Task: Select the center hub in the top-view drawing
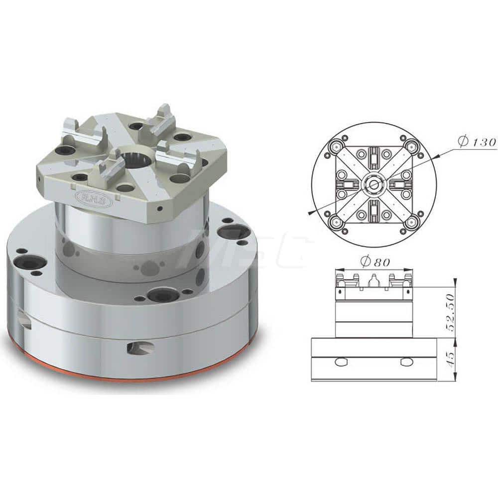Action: click(373, 184)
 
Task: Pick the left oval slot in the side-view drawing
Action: click(341, 362)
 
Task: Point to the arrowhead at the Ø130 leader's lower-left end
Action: click(312, 213)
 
